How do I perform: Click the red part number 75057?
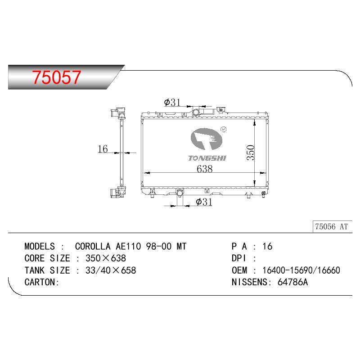point(57,77)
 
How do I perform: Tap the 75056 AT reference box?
point(332,227)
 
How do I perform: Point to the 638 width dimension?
point(205,169)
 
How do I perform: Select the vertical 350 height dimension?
point(251,153)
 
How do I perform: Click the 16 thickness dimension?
point(103,149)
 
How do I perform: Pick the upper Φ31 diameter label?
point(172,103)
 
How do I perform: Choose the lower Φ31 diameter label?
point(204,202)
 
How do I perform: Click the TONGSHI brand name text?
point(207,158)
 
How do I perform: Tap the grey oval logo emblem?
point(207,139)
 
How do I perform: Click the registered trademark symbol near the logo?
point(223,130)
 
